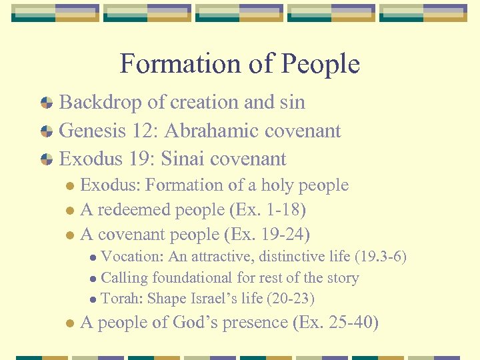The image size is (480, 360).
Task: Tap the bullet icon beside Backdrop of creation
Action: pyautogui.click(x=47, y=103)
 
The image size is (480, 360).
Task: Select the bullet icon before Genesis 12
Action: pyautogui.click(x=47, y=131)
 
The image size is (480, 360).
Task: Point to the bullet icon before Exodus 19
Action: pyautogui.click(x=47, y=159)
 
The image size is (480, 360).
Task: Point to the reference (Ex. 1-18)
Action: pyautogui.click(x=267, y=210)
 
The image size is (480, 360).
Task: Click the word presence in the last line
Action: pyautogui.click(x=253, y=323)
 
